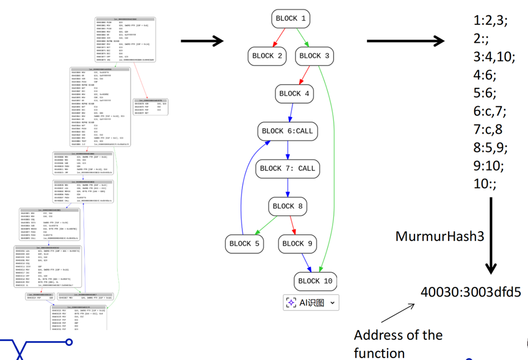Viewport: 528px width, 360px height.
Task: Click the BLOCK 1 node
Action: [291, 18]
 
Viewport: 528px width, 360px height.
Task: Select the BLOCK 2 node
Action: [267, 56]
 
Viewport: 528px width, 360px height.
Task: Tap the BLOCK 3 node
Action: [314, 56]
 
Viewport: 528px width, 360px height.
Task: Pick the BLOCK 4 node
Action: [294, 93]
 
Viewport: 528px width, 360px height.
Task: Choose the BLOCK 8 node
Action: [288, 206]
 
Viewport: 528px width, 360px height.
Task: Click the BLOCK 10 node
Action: [315, 281]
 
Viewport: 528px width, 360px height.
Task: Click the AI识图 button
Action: [311, 302]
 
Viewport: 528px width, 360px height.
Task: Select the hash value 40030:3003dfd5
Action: [471, 291]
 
